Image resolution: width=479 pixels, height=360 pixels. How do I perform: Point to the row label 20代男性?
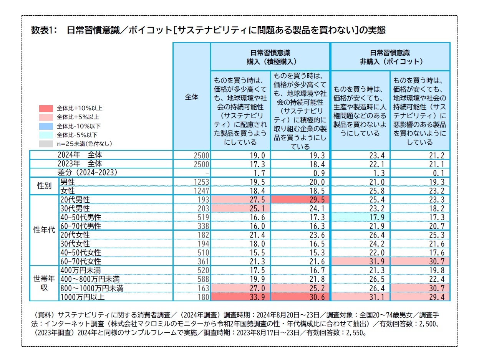(x=75, y=200)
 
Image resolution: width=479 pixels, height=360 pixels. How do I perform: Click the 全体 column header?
(x=192, y=97)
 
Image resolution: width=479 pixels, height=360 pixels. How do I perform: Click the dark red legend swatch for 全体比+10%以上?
(x=46, y=108)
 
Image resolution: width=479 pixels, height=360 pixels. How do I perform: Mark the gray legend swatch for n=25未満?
(x=46, y=144)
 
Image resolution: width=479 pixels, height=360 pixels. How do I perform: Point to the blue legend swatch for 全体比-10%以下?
(x=46, y=126)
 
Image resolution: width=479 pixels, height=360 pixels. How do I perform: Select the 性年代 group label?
(x=44, y=231)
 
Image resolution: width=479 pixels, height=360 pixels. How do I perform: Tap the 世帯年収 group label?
(x=44, y=283)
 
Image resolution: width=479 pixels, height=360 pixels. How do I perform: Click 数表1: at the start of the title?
(x=44, y=30)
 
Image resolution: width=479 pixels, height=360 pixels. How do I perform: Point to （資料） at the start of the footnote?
(x=44, y=315)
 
